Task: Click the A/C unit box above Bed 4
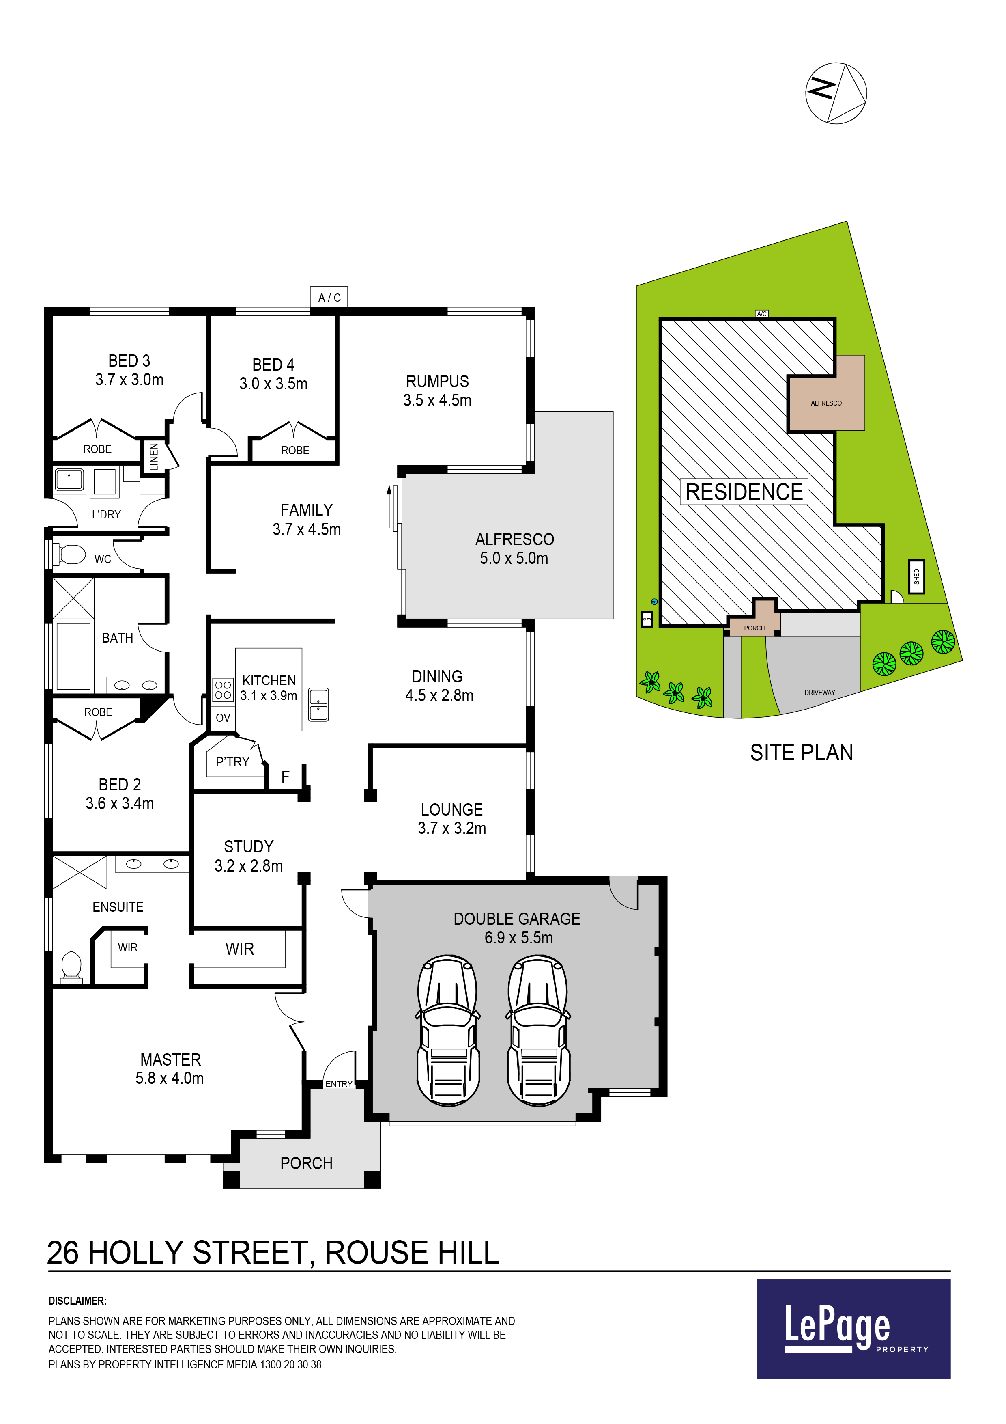[x=329, y=297]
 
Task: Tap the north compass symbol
[x=836, y=93]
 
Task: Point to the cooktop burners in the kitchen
[x=223, y=690]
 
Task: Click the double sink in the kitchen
[x=318, y=705]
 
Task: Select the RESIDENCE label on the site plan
[x=744, y=492]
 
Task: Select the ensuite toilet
[x=71, y=967]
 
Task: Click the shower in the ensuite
[x=80, y=872]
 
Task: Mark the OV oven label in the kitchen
[x=223, y=718]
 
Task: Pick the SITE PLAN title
[x=802, y=752]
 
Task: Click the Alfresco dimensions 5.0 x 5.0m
[x=514, y=558]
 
